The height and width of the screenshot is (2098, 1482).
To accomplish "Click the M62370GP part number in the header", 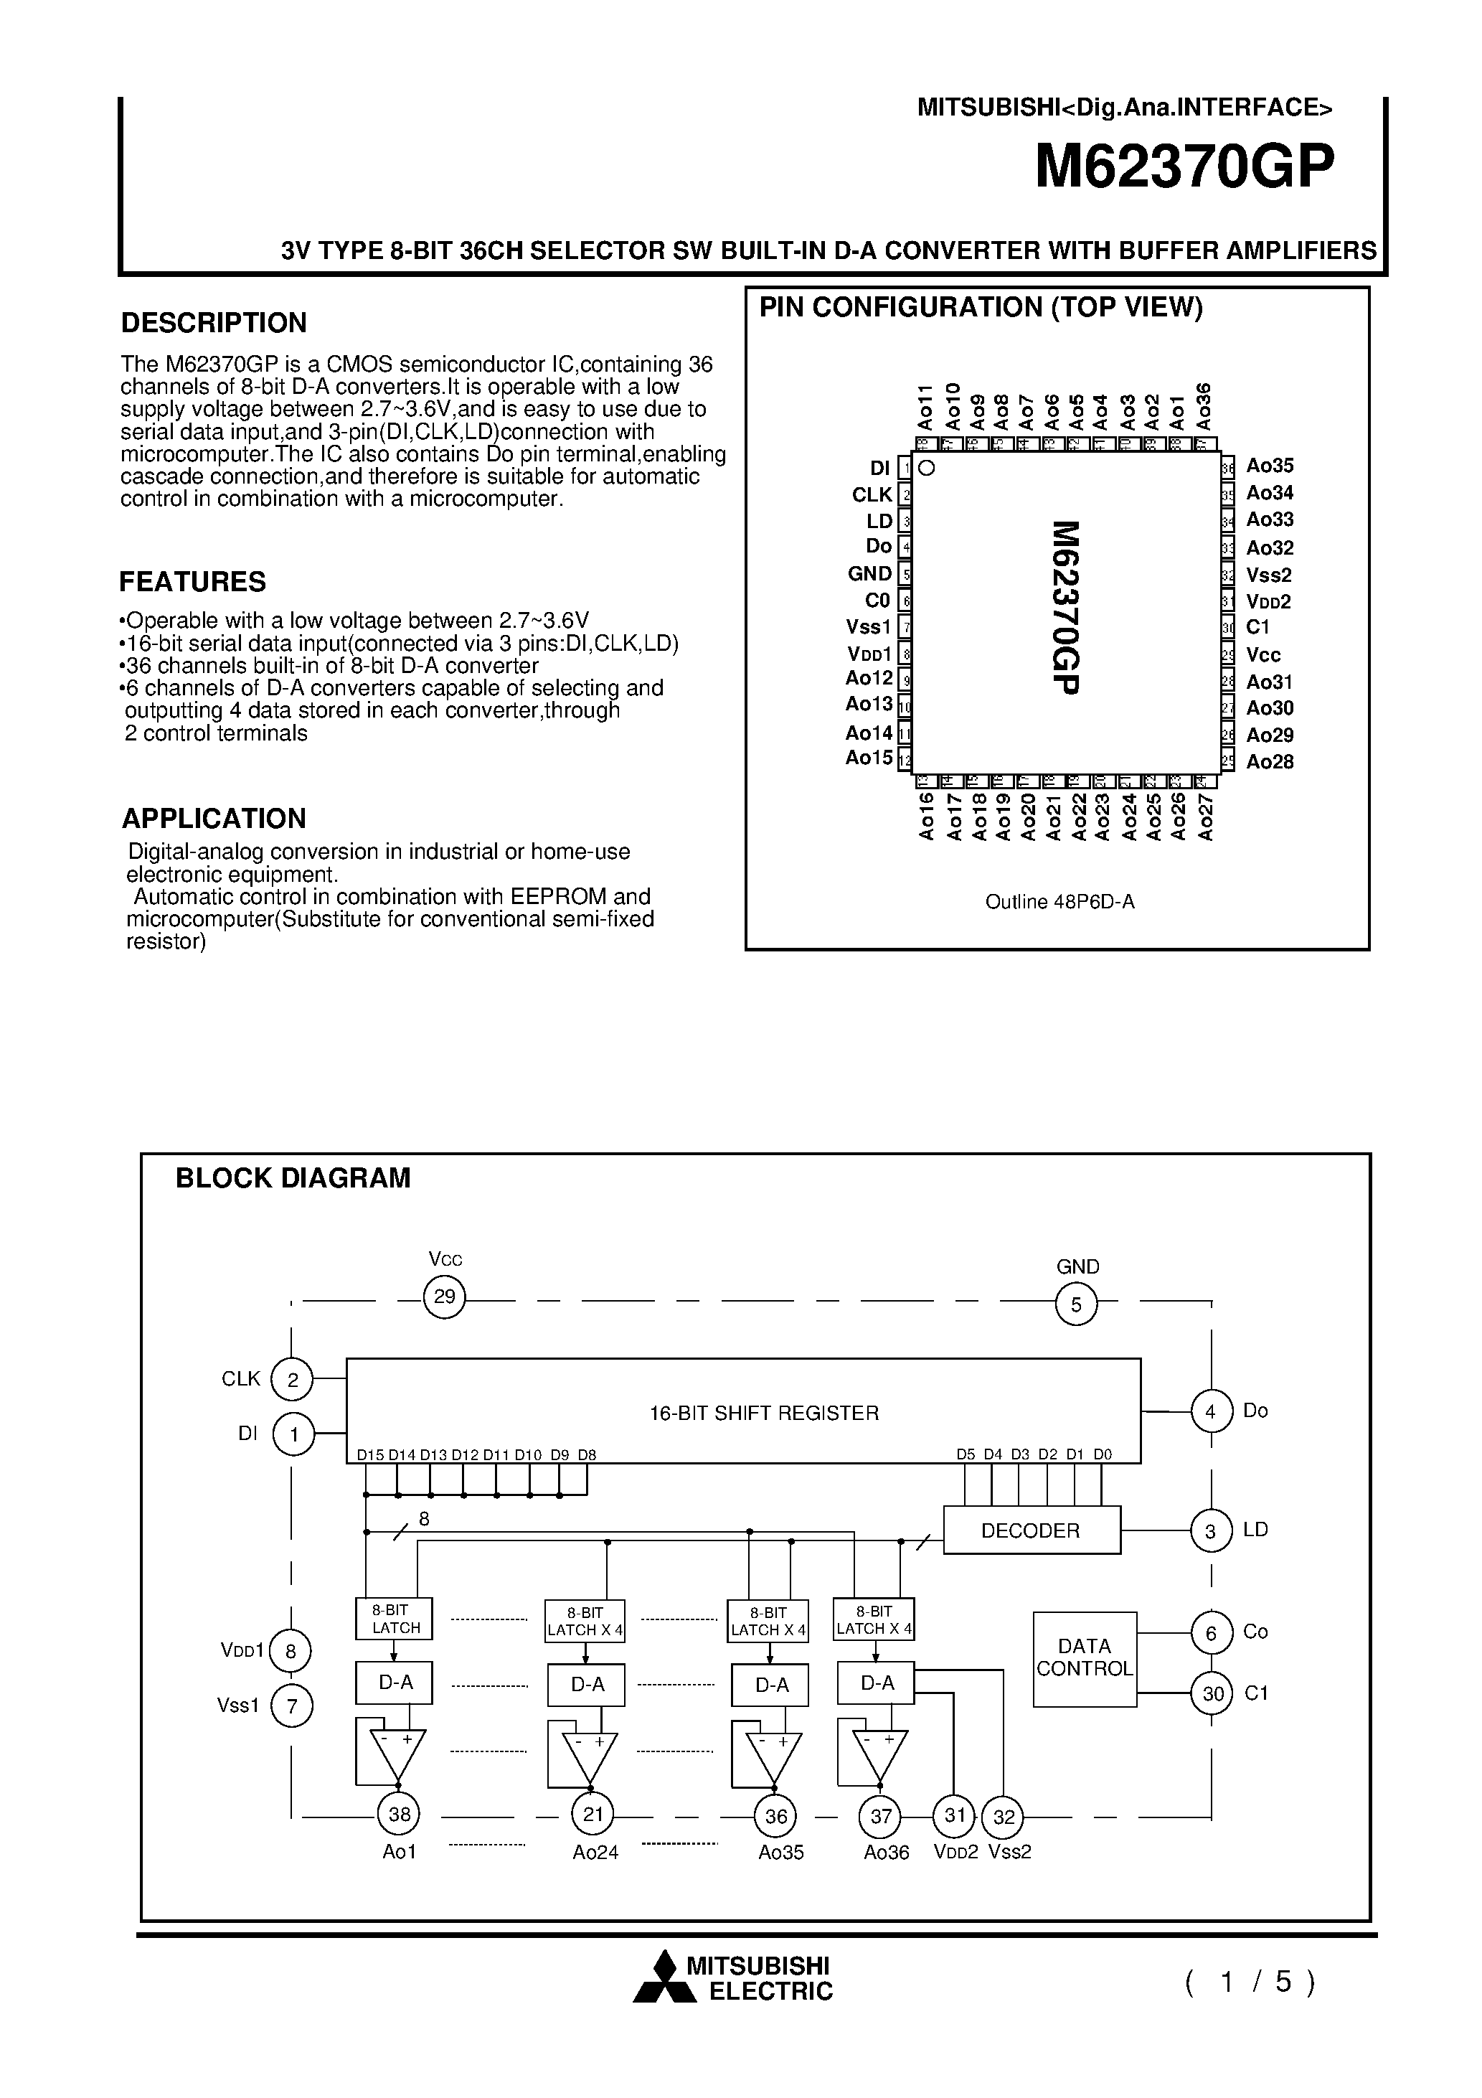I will pyautogui.click(x=1184, y=168).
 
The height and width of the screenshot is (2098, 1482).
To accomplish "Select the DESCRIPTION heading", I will pyautogui.click(x=214, y=323).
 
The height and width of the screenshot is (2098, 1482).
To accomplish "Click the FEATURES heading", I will pyautogui.click(x=193, y=582).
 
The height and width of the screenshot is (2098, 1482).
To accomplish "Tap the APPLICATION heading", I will pyautogui.click(x=214, y=818).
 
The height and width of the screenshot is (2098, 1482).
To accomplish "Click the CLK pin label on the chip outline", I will pyautogui.click(x=872, y=494).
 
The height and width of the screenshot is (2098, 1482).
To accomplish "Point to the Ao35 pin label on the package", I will pyautogui.click(x=1270, y=466).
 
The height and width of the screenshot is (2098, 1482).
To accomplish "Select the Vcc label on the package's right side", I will pyautogui.click(x=1264, y=655).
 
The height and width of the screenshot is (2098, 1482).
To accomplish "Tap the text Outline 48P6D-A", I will pyautogui.click(x=1060, y=902).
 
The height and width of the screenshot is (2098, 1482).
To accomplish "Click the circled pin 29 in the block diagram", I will pyautogui.click(x=445, y=1297).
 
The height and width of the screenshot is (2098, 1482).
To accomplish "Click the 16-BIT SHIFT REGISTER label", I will pyautogui.click(x=764, y=1413).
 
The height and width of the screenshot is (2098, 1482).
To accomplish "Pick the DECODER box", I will pyautogui.click(x=1031, y=1530).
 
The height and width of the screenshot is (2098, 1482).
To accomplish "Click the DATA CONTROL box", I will pyautogui.click(x=1085, y=1657).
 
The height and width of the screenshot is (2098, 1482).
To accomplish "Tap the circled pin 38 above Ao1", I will pyautogui.click(x=400, y=1814).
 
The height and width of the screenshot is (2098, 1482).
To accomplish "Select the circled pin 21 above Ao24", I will pyautogui.click(x=593, y=1814).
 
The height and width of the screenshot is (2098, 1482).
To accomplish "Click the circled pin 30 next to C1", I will pyautogui.click(x=1212, y=1694).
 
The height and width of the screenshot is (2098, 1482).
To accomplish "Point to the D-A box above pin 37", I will pyautogui.click(x=877, y=1683).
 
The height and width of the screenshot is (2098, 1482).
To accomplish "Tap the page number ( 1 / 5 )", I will pyautogui.click(x=1250, y=1981).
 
